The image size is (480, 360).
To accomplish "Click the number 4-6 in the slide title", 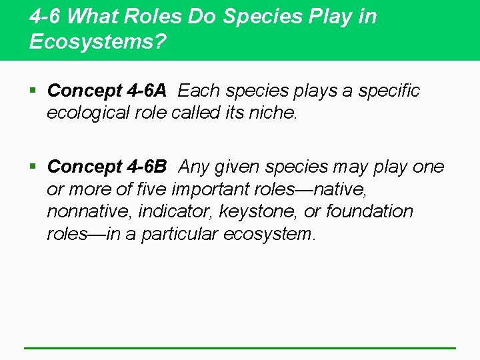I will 45,17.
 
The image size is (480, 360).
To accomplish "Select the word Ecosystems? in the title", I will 97,42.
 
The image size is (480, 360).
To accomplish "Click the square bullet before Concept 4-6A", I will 34,91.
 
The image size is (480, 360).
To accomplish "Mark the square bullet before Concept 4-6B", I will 34,167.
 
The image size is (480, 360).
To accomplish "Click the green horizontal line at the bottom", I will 240,347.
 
